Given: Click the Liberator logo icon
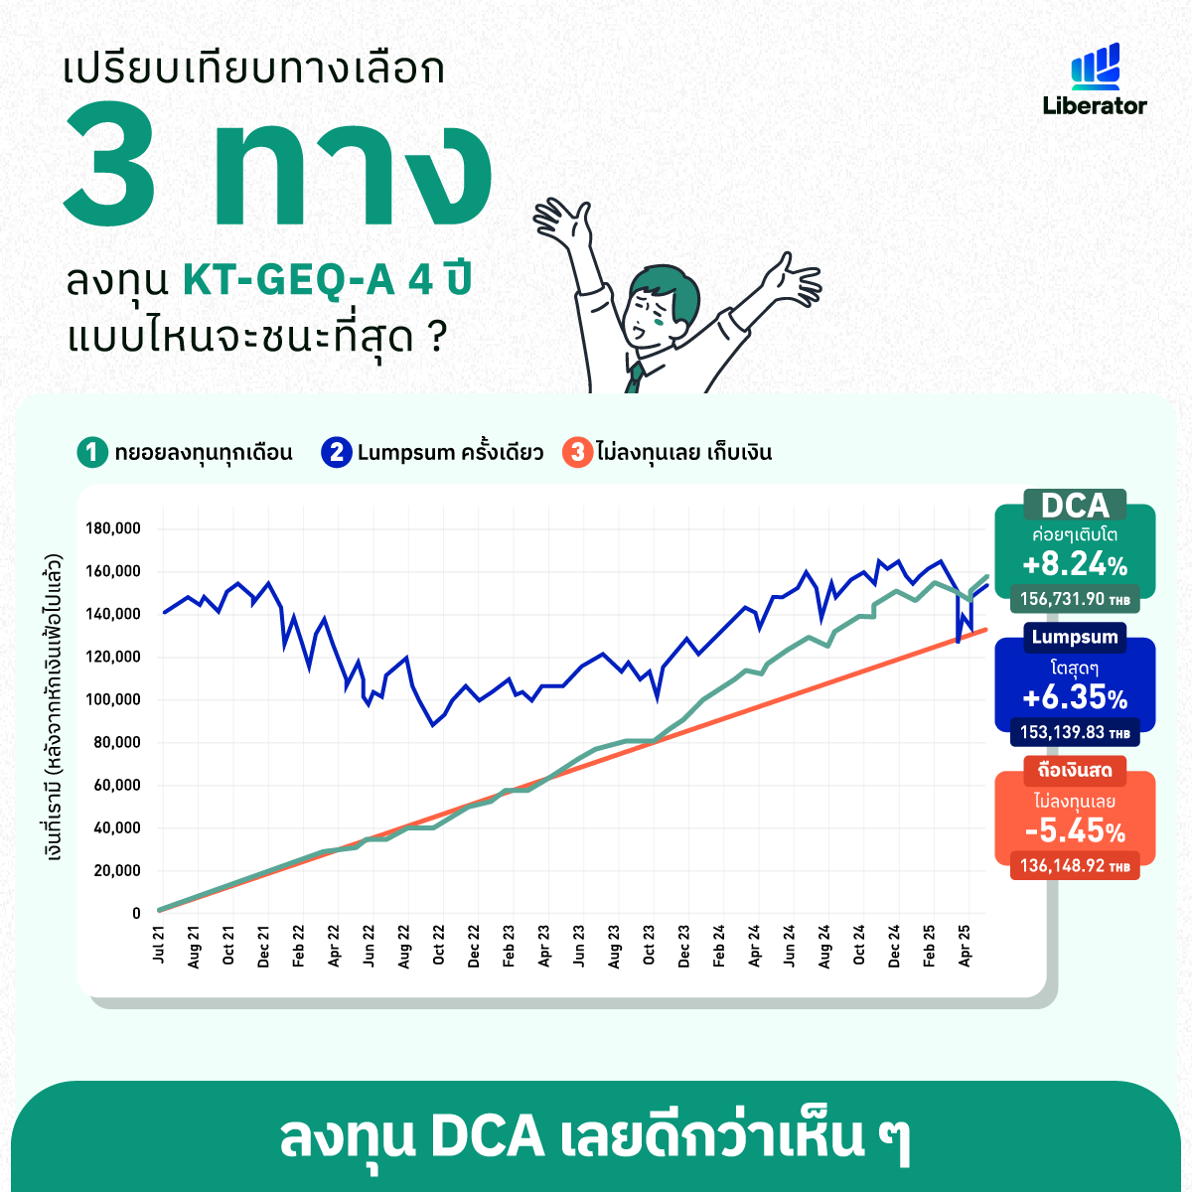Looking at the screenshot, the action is (x=1095, y=67).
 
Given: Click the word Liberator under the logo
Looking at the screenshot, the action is (x=1095, y=105).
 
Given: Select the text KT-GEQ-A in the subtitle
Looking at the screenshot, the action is (x=289, y=279).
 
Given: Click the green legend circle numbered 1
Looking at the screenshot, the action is (x=92, y=452).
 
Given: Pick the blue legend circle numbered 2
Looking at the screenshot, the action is (x=337, y=452).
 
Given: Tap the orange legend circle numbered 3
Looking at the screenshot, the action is (x=578, y=452).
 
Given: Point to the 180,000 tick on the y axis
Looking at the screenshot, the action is (x=113, y=528).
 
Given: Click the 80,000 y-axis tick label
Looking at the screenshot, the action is (x=117, y=742).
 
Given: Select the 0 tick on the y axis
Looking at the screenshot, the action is (x=136, y=913).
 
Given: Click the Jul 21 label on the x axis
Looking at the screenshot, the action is (x=159, y=944).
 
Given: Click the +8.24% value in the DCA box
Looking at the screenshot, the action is (x=1075, y=564).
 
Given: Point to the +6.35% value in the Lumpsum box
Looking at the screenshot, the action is (x=1075, y=697).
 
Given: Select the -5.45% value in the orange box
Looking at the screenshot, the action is (x=1075, y=830).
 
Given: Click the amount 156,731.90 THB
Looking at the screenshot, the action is (x=1075, y=599).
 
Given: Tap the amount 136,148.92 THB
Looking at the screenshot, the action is (x=1075, y=865).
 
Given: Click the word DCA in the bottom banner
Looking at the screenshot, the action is (x=488, y=1137).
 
